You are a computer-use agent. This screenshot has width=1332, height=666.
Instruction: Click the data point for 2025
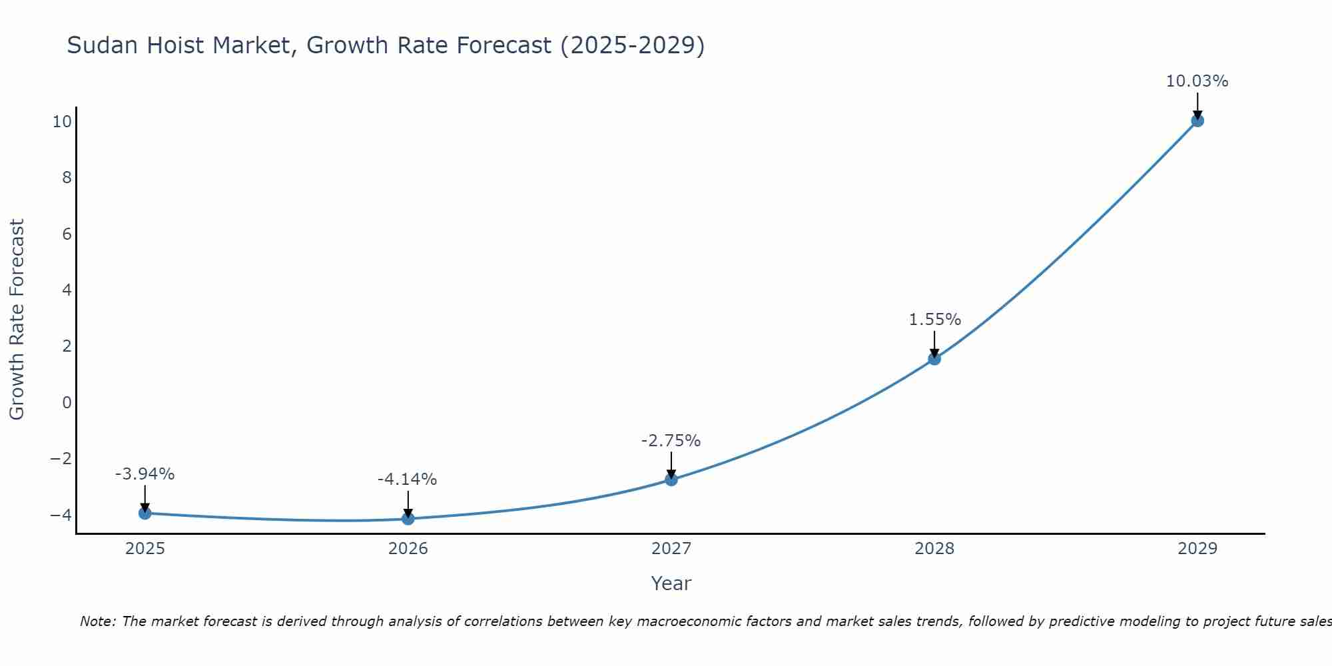click(x=145, y=513)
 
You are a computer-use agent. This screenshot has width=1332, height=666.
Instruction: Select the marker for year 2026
click(x=408, y=518)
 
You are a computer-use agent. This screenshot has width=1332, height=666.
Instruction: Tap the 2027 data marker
click(x=671, y=480)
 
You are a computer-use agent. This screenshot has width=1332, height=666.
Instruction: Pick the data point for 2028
click(x=934, y=358)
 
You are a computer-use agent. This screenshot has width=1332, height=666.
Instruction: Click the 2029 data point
click(x=1197, y=121)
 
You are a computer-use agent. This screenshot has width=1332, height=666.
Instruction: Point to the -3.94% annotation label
click(x=145, y=474)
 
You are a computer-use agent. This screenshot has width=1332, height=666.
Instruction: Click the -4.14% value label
click(x=407, y=480)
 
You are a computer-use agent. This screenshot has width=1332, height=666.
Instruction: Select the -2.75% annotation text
click(x=671, y=441)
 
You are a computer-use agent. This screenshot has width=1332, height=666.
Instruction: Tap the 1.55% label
click(x=934, y=320)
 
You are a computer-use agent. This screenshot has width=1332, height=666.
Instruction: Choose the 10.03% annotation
click(x=1197, y=81)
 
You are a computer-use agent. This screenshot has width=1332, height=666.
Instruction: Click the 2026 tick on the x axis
click(x=408, y=549)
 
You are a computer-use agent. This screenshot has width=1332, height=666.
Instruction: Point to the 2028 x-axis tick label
click(x=934, y=549)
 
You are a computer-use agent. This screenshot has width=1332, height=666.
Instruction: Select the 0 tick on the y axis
click(x=67, y=402)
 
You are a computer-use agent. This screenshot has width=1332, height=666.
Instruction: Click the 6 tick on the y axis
click(x=67, y=234)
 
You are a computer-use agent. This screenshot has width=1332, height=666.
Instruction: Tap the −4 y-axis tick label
click(x=61, y=515)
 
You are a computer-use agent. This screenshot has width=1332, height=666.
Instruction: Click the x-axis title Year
click(x=671, y=583)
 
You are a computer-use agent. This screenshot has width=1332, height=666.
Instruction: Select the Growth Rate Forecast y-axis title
click(x=17, y=319)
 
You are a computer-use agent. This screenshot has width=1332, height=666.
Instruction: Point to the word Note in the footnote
click(x=97, y=621)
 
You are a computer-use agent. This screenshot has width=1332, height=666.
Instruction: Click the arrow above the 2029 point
click(x=1197, y=106)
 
